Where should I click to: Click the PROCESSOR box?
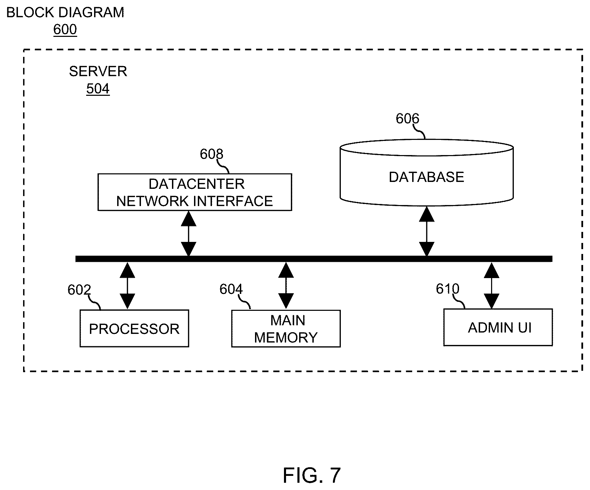(134, 328)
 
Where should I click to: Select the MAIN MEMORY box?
(286, 328)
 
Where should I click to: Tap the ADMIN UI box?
(498, 327)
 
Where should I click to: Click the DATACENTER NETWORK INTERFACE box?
(195, 192)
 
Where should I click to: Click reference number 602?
(79, 290)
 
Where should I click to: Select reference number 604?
(231, 289)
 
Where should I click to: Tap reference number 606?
(407, 119)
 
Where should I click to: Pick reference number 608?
(212, 154)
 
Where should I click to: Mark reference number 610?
(447, 289)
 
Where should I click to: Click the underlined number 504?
(98, 89)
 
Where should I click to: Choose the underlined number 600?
(65, 30)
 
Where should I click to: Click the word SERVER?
(98, 71)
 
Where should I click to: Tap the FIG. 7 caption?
(312, 476)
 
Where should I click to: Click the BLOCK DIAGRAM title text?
(65, 12)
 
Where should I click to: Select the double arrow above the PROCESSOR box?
(128, 286)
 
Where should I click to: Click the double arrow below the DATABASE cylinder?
(427, 231)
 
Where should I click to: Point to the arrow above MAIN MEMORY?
(286, 286)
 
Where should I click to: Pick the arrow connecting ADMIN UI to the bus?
(491, 285)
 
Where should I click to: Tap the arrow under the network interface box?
(189, 234)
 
